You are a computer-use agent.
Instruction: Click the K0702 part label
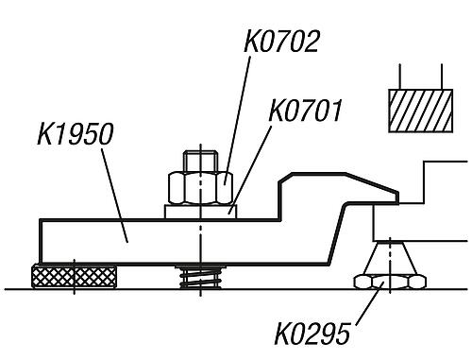(x=281, y=41)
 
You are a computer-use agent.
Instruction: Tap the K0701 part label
(x=305, y=111)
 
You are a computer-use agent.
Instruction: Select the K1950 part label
(x=76, y=134)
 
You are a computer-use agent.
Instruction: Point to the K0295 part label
(x=312, y=334)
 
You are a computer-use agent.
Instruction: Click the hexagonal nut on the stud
(x=200, y=188)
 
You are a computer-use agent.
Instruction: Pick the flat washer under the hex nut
(x=200, y=212)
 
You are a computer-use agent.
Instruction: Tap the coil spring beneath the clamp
(x=200, y=277)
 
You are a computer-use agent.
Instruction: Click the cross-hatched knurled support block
(x=74, y=277)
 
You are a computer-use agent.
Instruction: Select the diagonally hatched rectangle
(x=421, y=111)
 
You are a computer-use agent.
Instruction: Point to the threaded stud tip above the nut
(x=201, y=162)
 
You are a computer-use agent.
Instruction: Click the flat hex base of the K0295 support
(x=390, y=282)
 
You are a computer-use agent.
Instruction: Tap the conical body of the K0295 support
(x=390, y=258)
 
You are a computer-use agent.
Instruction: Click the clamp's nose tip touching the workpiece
(x=397, y=197)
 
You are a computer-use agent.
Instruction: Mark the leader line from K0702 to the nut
(x=237, y=120)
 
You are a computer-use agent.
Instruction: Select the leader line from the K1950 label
(x=114, y=195)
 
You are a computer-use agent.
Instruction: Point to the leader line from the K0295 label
(x=370, y=302)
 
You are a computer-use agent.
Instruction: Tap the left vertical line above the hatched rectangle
(x=399, y=77)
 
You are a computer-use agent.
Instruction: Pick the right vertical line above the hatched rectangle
(x=442, y=77)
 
